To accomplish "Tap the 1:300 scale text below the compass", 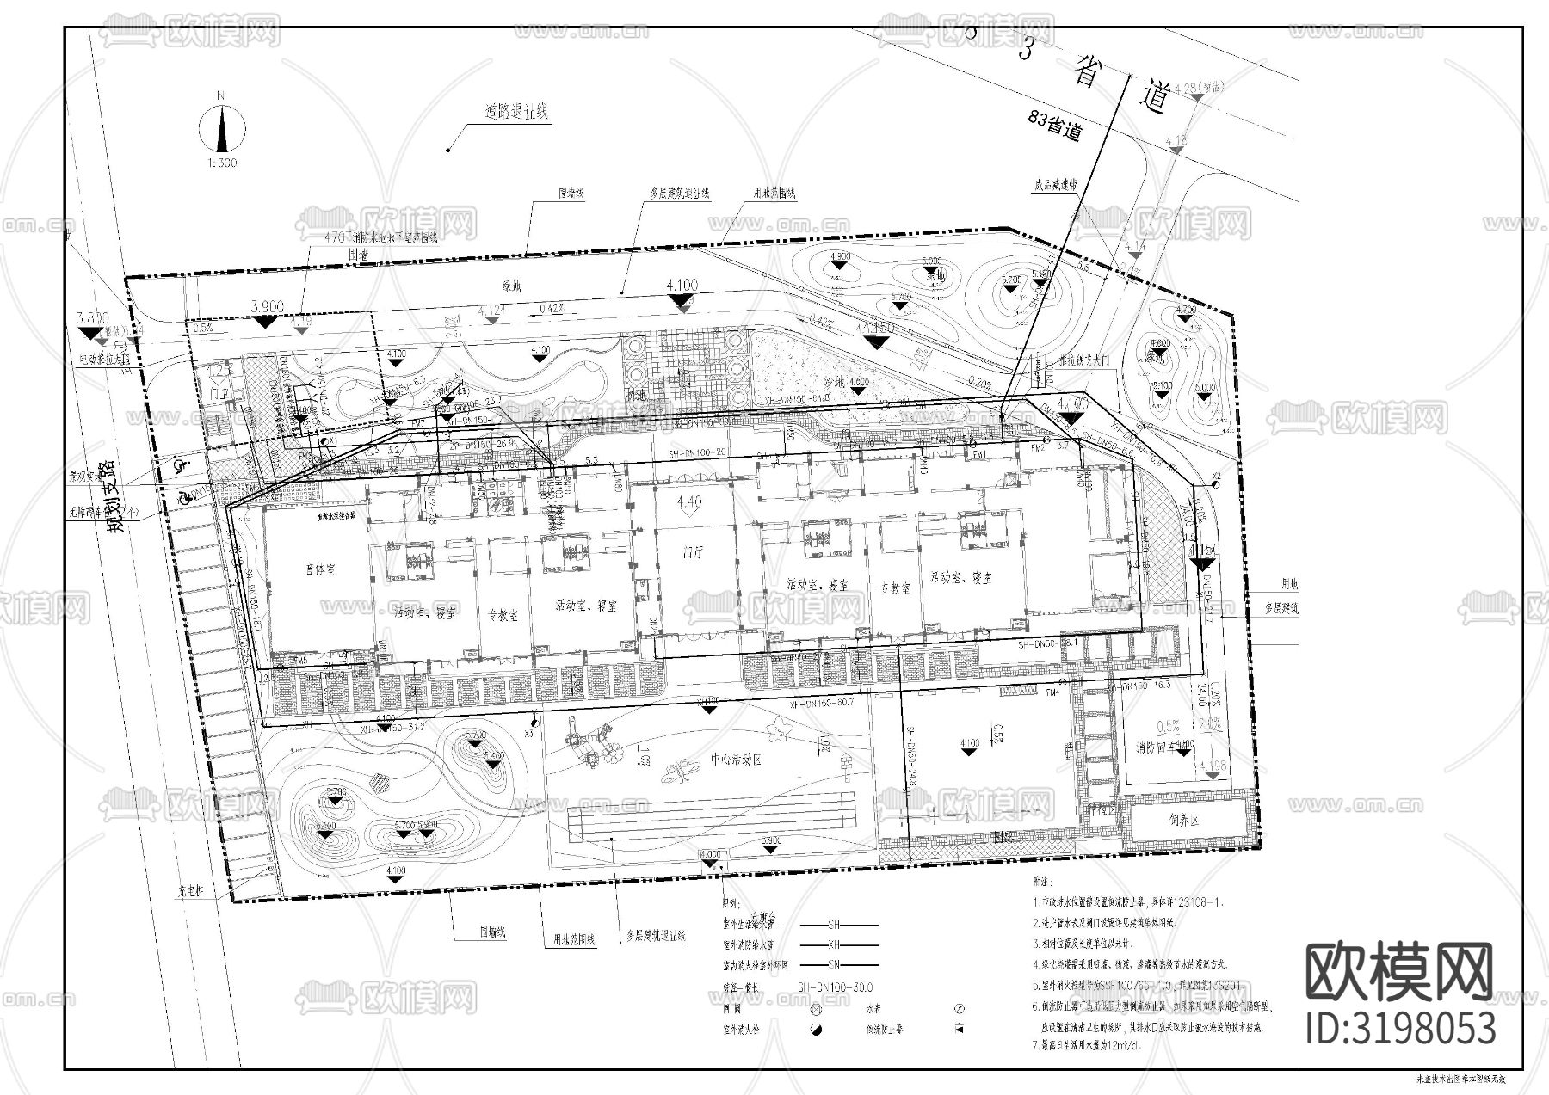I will point(223,163).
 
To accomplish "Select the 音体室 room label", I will point(319,569).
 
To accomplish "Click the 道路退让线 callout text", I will point(516,111).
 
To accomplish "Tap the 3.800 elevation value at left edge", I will point(93,317).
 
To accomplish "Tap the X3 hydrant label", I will point(530,734).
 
